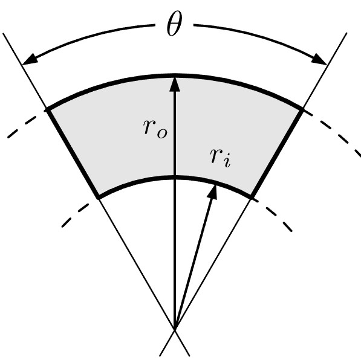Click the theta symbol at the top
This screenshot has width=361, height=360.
174,24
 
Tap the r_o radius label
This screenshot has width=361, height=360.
155,130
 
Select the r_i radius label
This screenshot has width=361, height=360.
220,158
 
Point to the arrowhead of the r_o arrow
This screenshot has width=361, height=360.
175,84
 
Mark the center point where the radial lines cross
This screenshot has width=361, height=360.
175,329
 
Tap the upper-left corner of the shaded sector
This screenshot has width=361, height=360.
47,110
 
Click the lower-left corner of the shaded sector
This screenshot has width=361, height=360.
99,198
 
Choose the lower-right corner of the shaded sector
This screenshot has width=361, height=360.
252,197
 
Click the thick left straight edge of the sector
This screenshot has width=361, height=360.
73,153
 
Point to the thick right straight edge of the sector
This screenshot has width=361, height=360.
277,152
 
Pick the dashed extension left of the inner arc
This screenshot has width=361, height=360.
75,215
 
